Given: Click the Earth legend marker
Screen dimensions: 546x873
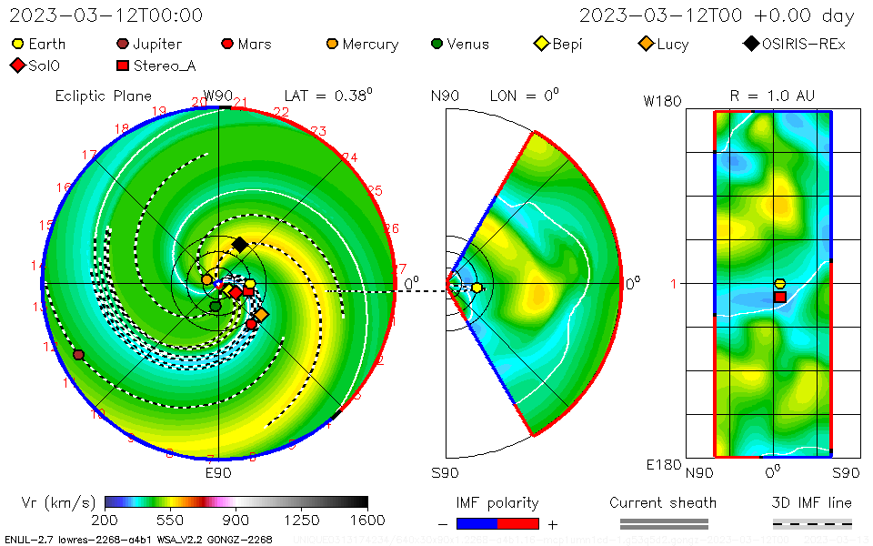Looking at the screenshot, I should tap(17, 44).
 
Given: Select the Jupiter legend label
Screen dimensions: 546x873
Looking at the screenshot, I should tap(156, 44).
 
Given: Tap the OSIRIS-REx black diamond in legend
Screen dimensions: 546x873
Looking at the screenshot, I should tap(750, 44).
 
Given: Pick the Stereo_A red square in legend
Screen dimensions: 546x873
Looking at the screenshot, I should tap(122, 66).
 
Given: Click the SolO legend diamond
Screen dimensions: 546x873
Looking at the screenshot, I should tap(17, 66).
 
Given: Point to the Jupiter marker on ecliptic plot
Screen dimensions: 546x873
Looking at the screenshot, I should tap(78, 355).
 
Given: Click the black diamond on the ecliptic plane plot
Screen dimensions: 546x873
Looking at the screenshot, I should tap(240, 244).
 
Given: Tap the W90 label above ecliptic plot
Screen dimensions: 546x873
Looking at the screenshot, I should tap(217, 96).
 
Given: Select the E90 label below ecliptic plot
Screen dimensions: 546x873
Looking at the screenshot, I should tap(218, 472).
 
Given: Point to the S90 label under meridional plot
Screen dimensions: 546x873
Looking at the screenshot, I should tap(445, 472).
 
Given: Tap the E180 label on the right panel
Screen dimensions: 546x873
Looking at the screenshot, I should tap(663, 465).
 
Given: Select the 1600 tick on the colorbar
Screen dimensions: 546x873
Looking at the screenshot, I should tap(367, 521).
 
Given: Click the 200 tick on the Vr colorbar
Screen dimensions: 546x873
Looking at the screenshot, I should tap(105, 521).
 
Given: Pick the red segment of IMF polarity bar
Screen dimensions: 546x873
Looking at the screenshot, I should tap(518, 523).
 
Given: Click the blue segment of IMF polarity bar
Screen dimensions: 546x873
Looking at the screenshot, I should tap(477, 523).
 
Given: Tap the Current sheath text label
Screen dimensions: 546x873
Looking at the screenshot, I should tap(663, 502).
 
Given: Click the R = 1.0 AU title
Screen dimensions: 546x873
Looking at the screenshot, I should tap(772, 96).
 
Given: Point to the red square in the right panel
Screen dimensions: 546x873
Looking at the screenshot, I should tap(779, 297).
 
